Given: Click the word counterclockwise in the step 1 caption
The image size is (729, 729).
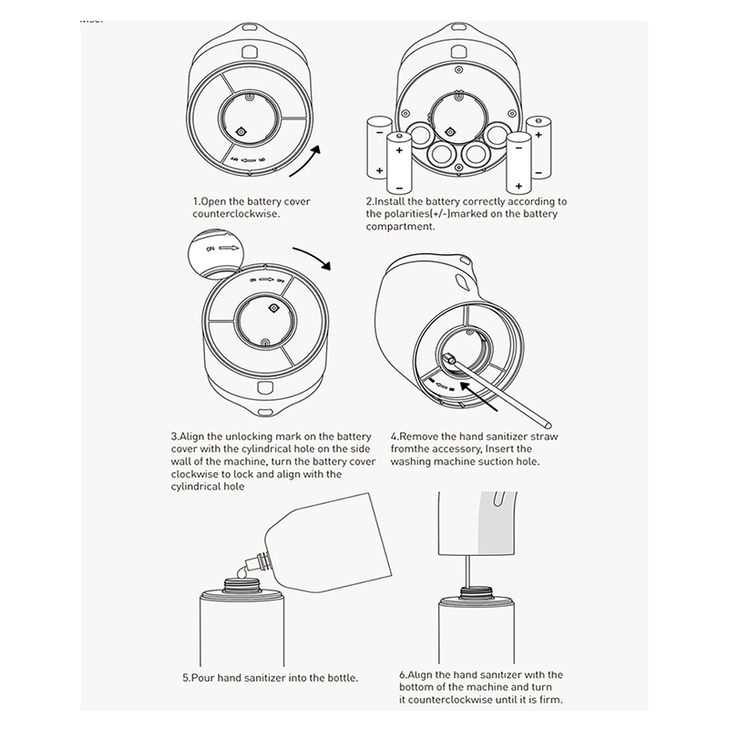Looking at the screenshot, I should point(234,214).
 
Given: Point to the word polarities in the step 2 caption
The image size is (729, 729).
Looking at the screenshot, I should point(412,214).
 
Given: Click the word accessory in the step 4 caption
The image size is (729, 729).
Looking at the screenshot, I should point(467,449).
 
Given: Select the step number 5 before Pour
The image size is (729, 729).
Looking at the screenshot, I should point(186,678).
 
